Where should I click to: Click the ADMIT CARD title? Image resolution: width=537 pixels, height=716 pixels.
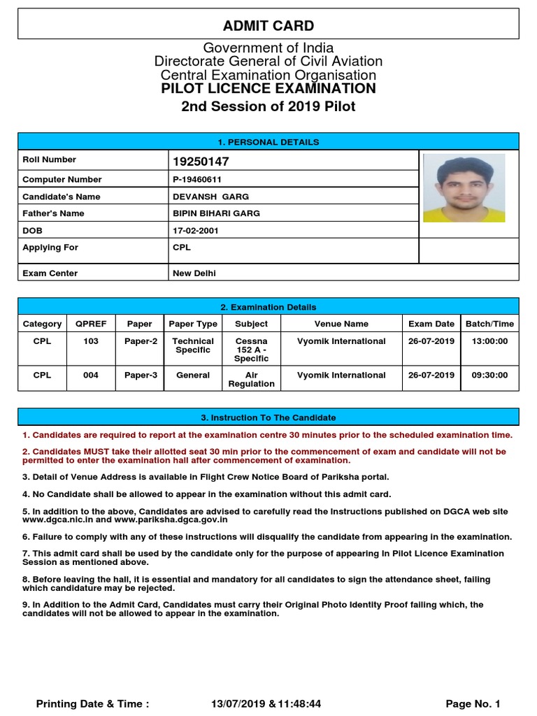click(x=268, y=26)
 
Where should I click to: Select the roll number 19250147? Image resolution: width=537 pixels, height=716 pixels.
click(x=201, y=162)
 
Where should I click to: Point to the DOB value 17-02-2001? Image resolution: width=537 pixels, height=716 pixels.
click(x=196, y=230)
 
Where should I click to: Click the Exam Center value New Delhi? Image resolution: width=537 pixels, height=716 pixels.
click(x=194, y=273)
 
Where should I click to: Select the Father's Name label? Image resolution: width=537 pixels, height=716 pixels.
click(x=53, y=213)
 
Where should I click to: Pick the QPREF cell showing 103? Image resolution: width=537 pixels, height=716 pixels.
click(x=91, y=341)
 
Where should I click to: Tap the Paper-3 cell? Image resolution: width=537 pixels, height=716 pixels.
click(x=141, y=375)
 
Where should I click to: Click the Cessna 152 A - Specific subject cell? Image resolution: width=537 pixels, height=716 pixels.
click(x=251, y=350)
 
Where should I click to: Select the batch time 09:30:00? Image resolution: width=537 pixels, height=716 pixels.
click(x=489, y=375)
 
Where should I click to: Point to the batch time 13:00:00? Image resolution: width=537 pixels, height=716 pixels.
click(x=489, y=341)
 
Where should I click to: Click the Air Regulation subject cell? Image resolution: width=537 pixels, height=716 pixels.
click(x=251, y=380)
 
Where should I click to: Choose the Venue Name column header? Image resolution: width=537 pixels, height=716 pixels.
click(x=341, y=324)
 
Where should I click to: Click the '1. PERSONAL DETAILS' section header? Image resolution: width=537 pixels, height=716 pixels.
click(x=268, y=142)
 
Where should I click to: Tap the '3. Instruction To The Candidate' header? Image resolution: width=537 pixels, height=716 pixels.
click(x=268, y=417)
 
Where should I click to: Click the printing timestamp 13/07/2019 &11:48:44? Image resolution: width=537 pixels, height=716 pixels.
click(x=266, y=703)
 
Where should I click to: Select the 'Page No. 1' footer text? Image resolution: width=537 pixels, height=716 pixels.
click(x=473, y=703)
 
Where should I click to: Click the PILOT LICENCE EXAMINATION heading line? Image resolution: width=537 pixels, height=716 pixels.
click(x=268, y=89)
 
